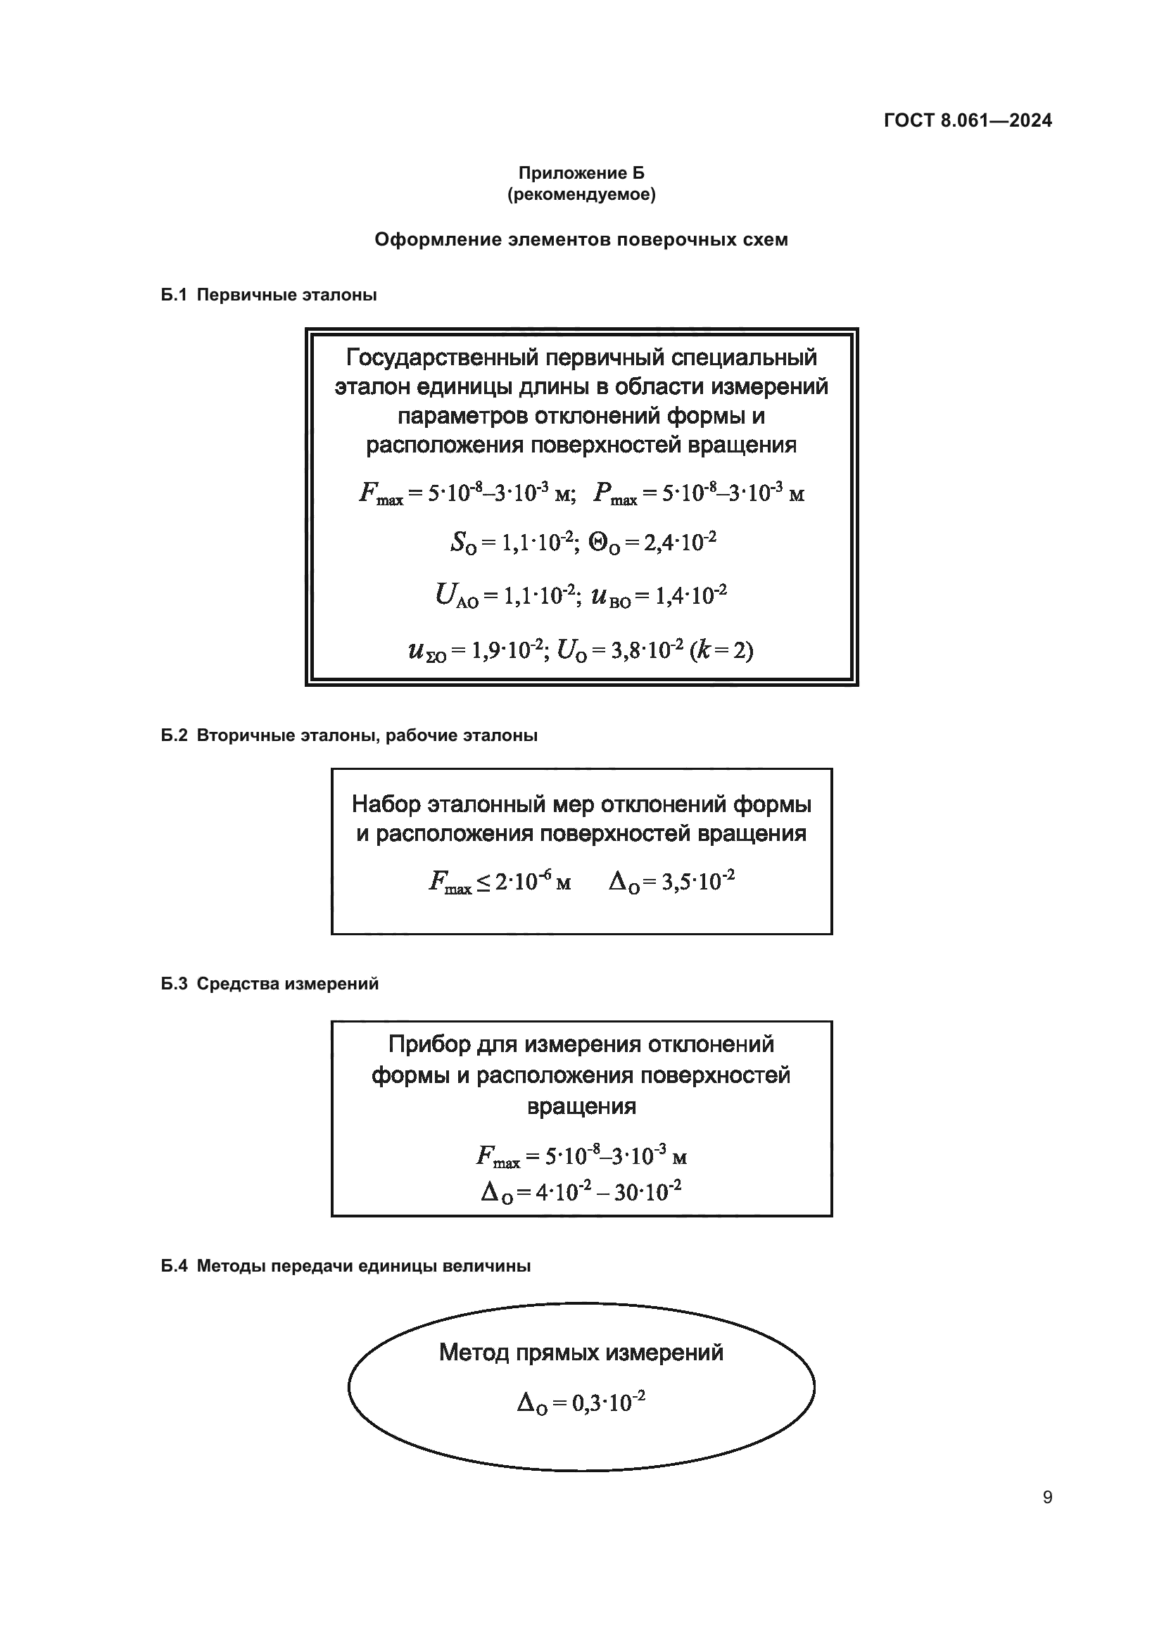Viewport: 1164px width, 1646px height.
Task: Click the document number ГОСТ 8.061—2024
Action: coord(968,120)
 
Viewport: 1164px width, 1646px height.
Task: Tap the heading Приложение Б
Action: coord(581,173)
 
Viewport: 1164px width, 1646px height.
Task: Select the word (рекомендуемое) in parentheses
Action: coord(581,194)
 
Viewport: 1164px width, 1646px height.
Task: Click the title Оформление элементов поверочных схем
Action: coord(581,239)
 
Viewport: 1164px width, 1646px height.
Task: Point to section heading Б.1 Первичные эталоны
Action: coord(269,295)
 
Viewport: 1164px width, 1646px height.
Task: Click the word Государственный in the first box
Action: coord(441,357)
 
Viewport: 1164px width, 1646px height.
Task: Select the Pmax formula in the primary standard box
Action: coord(699,493)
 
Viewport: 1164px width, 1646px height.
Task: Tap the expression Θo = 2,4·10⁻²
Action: coord(652,543)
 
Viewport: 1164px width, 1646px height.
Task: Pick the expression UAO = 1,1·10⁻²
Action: coord(506,596)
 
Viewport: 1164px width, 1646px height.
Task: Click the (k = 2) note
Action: coord(721,650)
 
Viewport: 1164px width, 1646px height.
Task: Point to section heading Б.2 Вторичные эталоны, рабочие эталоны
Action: coord(349,735)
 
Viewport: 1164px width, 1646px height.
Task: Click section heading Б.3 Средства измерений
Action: coord(270,984)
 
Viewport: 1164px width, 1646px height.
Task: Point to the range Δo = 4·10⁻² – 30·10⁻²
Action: coord(581,1192)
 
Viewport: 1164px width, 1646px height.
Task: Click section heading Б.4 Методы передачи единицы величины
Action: coord(346,1266)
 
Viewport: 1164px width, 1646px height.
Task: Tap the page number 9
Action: coord(1047,1498)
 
